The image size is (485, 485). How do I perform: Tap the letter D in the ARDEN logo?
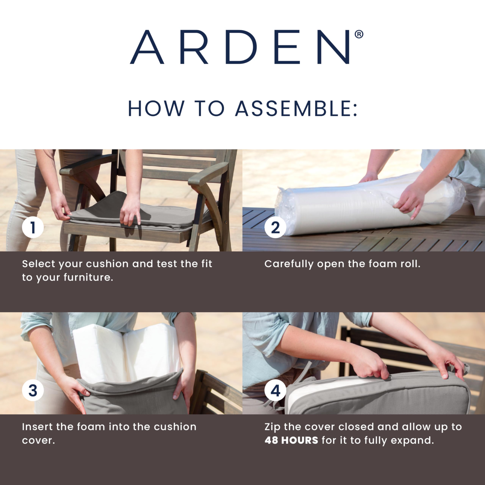[241, 47]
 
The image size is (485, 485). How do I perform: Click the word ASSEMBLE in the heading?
[293, 108]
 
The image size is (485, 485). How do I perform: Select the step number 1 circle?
[33, 227]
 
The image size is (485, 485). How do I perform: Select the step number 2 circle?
[275, 227]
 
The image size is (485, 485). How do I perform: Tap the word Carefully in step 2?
[289, 264]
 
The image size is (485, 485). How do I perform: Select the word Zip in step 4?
[272, 427]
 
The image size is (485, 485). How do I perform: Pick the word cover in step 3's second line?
[38, 441]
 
